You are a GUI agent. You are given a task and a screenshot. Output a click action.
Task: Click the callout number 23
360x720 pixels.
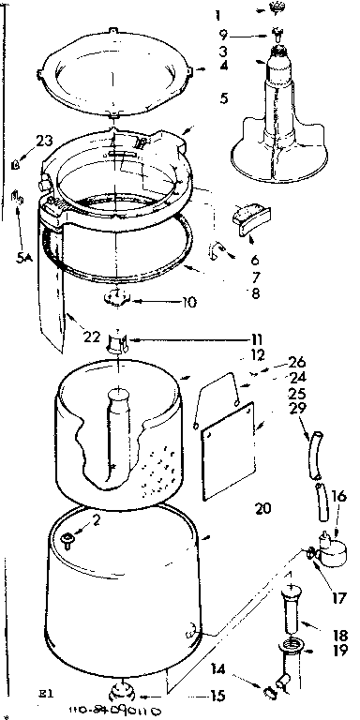[45, 141]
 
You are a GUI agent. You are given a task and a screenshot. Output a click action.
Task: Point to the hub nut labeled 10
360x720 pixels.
[116, 300]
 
